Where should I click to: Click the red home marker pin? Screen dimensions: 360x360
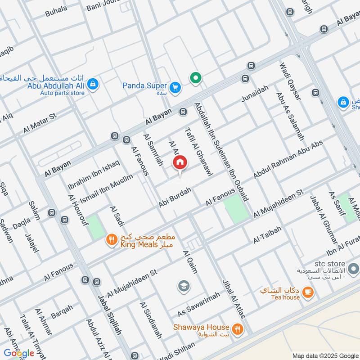pos(180,163)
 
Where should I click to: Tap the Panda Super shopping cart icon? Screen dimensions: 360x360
pos(175,87)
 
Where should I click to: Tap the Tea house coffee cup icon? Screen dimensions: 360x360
pos(307,292)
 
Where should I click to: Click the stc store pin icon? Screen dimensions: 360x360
pos(353,270)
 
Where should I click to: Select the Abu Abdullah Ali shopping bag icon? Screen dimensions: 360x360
pos(93,84)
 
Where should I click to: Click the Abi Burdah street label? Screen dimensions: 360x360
pos(175,198)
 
